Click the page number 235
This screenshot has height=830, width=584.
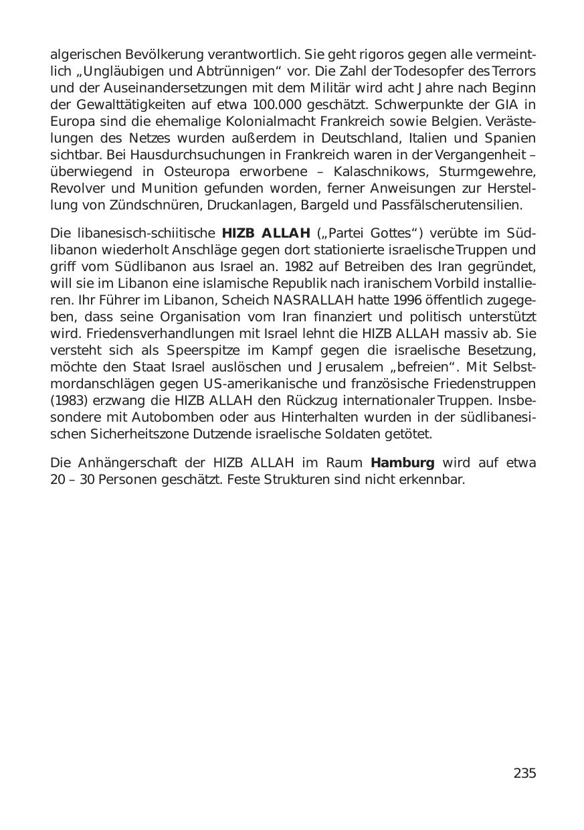point(524,774)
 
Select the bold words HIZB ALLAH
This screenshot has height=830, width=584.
point(266,234)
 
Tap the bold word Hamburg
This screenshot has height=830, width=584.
point(403,463)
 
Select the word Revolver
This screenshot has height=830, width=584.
point(74,188)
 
